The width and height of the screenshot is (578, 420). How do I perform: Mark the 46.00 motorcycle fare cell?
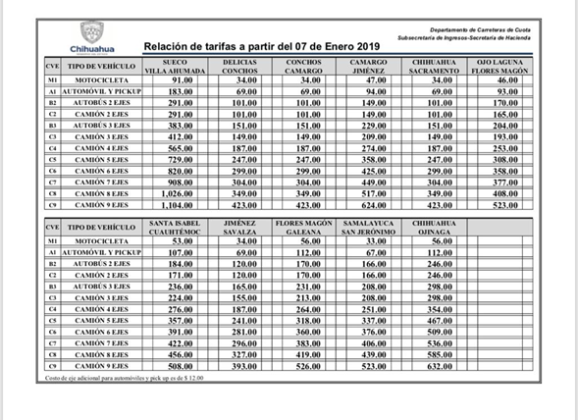pos(506,79)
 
